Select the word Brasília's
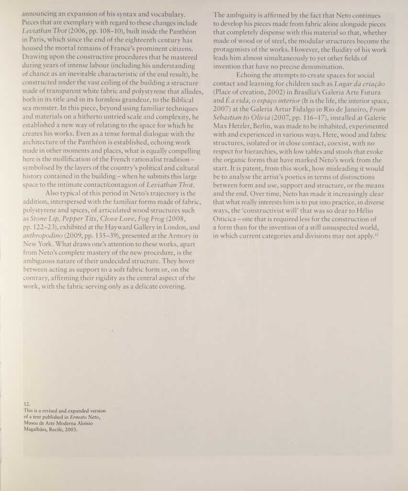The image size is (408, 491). pos(256,92)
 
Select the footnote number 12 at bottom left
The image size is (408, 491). pos(27,404)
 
